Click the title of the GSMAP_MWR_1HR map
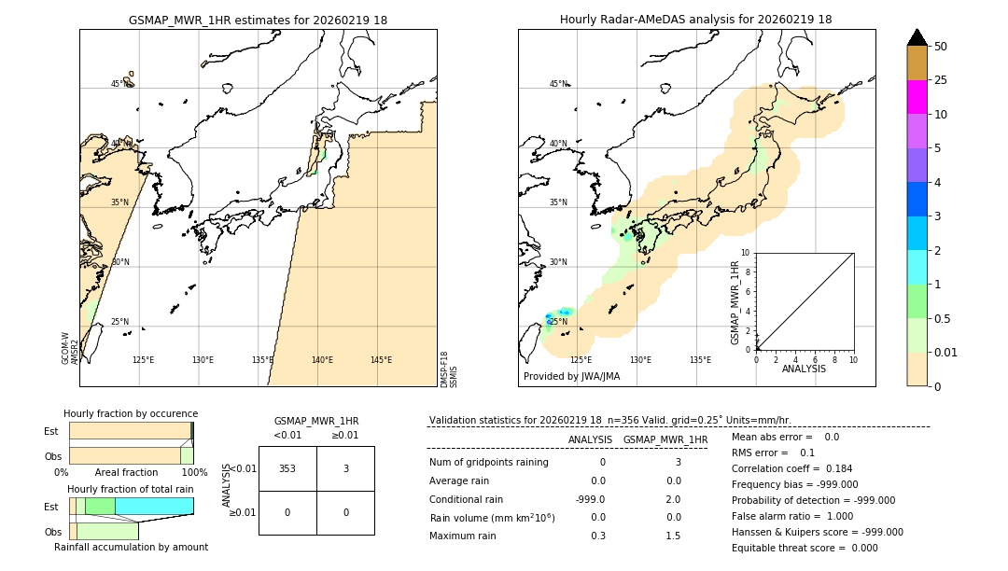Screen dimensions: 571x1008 coord(258,20)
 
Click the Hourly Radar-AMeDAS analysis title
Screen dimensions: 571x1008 coord(695,20)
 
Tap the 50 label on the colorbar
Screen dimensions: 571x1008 coord(941,47)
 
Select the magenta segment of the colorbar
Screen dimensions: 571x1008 coord(917,97)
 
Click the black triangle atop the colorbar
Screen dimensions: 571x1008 coord(917,37)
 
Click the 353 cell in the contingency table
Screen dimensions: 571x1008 coord(287,468)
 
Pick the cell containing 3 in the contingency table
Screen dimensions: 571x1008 coord(345,468)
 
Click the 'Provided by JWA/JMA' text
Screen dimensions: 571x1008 coord(571,377)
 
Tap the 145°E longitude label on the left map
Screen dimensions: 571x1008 coord(381,360)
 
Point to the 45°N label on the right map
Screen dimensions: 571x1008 coord(558,84)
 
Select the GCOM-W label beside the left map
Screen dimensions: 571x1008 coord(66,347)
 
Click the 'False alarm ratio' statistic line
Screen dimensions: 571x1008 coord(791,516)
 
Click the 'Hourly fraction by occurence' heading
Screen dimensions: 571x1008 coord(131,413)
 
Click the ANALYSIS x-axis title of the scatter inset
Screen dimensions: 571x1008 coord(804,369)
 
